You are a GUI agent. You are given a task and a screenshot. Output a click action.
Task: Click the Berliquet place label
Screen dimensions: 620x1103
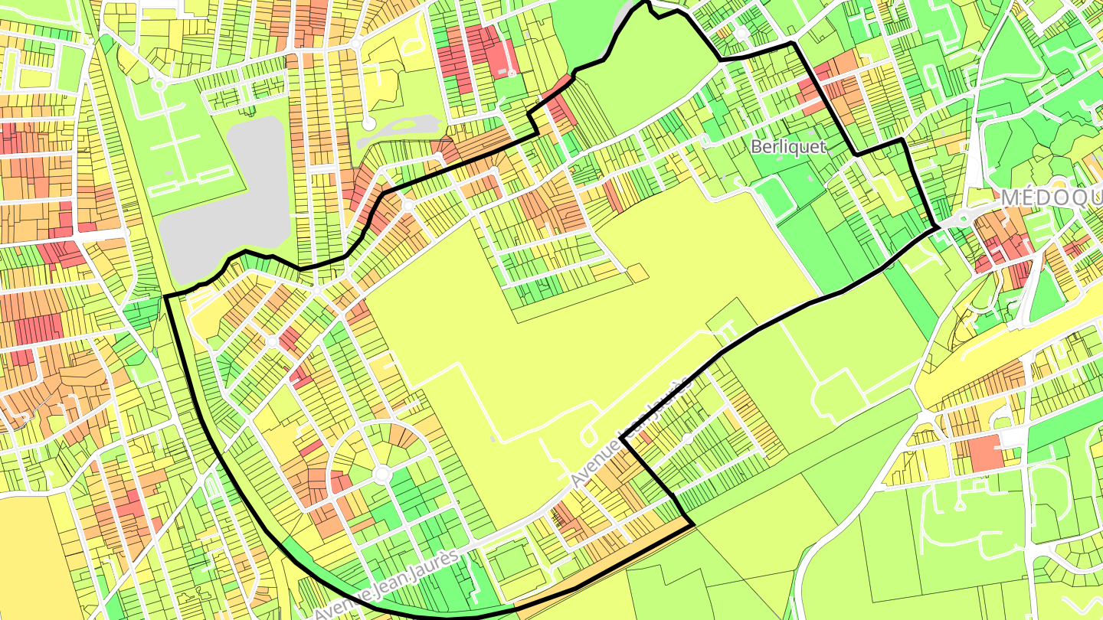[x=788, y=147]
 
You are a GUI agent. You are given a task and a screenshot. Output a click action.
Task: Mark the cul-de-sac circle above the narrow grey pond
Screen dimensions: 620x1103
[x=368, y=122]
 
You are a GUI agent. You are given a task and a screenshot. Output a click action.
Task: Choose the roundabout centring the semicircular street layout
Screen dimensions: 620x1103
[x=381, y=475]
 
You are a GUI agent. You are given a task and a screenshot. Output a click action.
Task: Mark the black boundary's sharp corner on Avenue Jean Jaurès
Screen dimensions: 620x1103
[x=621, y=439]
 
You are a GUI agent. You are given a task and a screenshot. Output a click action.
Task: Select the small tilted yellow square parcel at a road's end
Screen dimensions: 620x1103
[x=638, y=272]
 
